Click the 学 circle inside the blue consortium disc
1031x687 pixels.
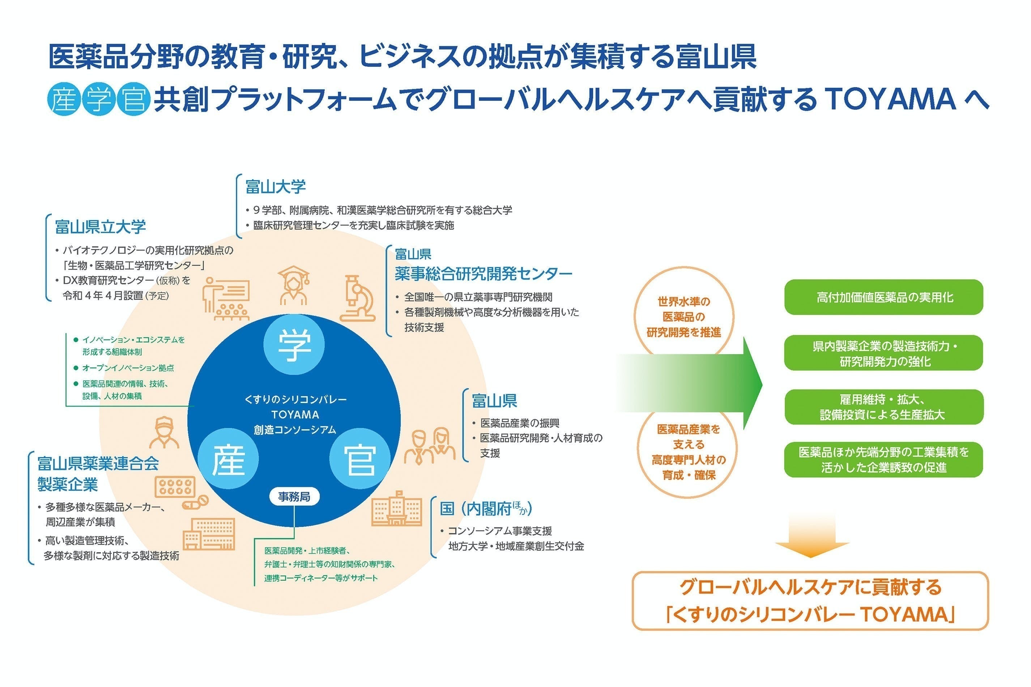click(x=294, y=344)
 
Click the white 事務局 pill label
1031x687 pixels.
click(x=294, y=497)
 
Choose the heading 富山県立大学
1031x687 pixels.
click(x=101, y=227)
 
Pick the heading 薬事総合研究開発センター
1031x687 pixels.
click(x=483, y=274)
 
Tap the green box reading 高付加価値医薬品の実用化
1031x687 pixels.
click(x=883, y=297)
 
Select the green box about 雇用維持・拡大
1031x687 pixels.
click(x=883, y=407)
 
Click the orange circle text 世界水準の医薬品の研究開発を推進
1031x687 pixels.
click(x=683, y=317)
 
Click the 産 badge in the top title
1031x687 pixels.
click(x=64, y=99)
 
